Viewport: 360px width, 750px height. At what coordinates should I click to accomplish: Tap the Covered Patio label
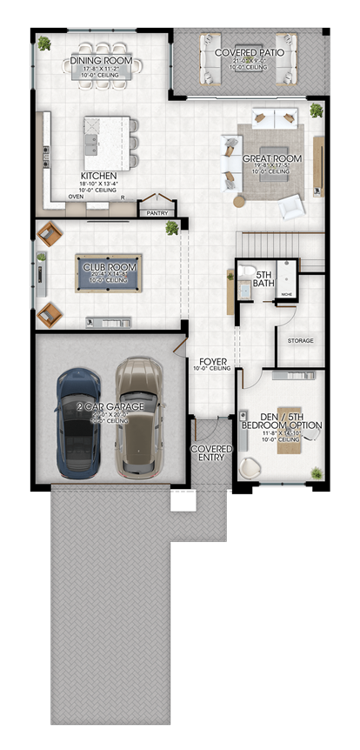pos(243,53)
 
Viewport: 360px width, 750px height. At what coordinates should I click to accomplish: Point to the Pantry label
pos(157,211)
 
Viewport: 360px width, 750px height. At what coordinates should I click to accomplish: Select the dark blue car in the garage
pos(78,421)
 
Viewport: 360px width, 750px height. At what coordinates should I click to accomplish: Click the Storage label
pos(300,340)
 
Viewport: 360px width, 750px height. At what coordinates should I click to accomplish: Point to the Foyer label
pos(214,360)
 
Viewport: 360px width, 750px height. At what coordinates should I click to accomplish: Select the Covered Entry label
pos(212,453)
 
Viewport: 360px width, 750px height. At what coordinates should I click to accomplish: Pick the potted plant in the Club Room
pos(172,228)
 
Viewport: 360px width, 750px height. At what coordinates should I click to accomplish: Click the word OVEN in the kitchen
pos(76,197)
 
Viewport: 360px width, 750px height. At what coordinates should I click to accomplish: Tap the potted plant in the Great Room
pos(316,110)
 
